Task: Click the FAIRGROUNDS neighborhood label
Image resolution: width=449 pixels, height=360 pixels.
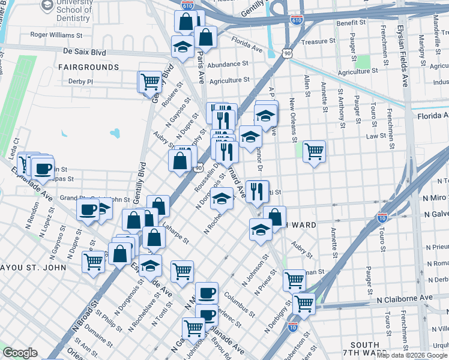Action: click(89, 67)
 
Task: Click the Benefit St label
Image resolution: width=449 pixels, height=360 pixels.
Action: click(351, 23)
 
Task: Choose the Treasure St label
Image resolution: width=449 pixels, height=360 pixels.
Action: click(318, 41)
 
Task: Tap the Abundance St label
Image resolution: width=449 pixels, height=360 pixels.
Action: click(228, 64)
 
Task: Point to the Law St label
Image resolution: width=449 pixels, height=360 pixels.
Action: click(376, 136)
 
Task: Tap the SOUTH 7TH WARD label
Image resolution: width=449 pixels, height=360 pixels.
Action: click(364, 350)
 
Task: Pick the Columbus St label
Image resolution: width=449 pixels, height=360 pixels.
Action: click(236, 299)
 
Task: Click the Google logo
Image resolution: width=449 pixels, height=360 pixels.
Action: click(20, 353)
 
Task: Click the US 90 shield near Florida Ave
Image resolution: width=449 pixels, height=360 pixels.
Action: click(288, 54)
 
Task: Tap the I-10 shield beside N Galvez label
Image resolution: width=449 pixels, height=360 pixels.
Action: click(382, 217)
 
